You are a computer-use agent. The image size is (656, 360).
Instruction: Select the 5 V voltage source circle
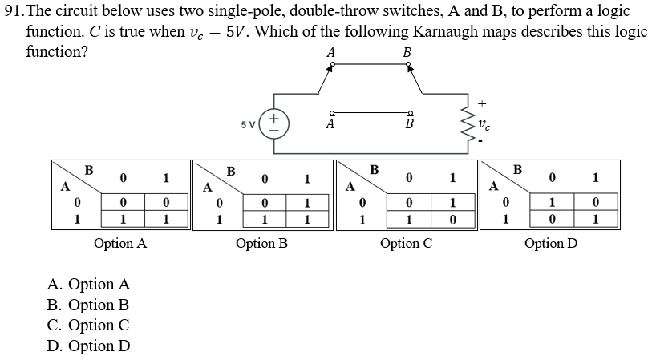pos(274,124)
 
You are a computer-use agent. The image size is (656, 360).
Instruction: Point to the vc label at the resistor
pos(484,124)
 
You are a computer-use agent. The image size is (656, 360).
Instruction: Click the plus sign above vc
pos(482,103)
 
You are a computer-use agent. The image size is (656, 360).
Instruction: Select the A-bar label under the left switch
pos(330,125)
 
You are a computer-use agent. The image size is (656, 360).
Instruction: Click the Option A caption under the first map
pos(119,243)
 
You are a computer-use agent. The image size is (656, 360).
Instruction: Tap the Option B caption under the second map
pos(261,243)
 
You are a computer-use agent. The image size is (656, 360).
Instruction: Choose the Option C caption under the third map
pos(406,243)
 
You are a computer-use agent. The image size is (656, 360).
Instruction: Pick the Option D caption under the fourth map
pos(550,243)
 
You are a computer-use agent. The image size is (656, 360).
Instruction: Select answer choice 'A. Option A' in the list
pos(88,285)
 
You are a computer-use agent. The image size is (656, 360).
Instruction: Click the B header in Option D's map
pos(516,169)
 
